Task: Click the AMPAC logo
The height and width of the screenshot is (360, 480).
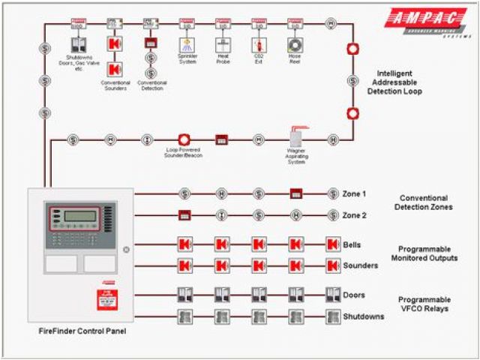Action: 425,21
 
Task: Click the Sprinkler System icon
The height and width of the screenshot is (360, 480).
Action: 187,45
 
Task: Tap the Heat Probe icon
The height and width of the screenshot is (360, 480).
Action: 223,45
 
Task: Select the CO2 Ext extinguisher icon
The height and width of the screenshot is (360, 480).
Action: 258,45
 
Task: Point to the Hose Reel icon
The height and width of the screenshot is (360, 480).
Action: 295,45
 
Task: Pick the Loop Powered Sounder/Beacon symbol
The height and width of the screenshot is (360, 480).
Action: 184,139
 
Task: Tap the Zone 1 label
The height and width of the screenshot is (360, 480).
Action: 354,194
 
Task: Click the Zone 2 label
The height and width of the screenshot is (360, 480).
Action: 354,216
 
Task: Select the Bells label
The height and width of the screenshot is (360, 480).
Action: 352,244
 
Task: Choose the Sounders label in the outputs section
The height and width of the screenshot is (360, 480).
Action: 359,265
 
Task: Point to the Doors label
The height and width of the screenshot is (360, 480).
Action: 354,295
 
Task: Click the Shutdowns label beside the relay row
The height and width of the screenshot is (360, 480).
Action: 363,316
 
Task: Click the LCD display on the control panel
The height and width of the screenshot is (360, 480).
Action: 79,216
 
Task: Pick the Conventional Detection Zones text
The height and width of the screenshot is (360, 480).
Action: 425,202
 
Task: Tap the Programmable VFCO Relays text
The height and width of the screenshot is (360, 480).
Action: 424,304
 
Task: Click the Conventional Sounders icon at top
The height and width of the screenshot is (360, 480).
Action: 115,45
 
